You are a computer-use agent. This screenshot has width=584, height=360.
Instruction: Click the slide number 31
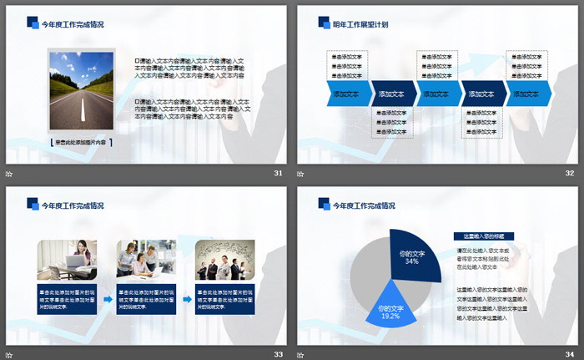[x=278, y=173]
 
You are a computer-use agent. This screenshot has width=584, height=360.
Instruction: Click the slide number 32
[x=570, y=173]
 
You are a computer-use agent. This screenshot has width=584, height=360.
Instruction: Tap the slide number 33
[x=278, y=354]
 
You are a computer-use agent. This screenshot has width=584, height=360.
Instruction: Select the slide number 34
[x=570, y=354]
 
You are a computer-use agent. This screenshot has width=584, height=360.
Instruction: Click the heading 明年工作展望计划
[x=360, y=24]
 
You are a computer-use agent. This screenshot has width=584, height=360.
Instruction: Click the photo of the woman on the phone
[x=67, y=260]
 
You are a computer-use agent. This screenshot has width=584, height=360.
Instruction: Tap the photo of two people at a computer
[x=146, y=260]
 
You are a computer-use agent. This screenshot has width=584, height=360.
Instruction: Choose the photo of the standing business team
[x=224, y=260]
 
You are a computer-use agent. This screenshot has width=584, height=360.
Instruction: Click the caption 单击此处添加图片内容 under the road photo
[x=80, y=143]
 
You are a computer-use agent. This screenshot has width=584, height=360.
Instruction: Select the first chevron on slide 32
[x=346, y=94]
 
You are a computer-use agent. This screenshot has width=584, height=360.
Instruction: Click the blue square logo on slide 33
[x=33, y=203]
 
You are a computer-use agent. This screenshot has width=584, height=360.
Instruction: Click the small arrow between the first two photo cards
[x=108, y=298]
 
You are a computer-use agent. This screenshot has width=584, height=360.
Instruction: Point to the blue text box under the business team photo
[x=224, y=298]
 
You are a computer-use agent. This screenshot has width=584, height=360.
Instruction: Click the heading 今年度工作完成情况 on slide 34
[x=364, y=205]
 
